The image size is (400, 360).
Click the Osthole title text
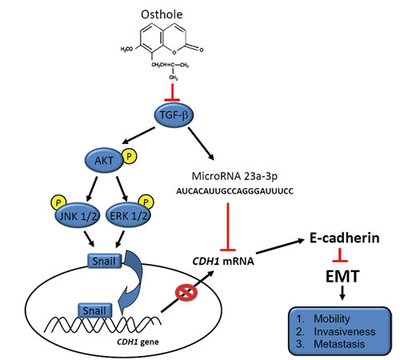[162, 14]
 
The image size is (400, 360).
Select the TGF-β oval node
[174, 115]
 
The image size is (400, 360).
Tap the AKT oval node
[104, 160]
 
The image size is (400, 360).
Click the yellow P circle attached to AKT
[130, 157]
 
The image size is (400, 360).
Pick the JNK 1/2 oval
[78, 215]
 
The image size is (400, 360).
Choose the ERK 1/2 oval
[129, 215]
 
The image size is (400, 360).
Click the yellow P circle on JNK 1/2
[58, 202]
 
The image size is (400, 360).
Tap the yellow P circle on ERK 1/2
[146, 202]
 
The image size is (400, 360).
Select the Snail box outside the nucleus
[104, 261]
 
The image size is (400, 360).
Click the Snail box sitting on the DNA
[94, 310]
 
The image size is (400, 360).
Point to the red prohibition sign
[186, 293]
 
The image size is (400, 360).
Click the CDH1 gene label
[138, 342]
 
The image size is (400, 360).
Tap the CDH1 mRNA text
[223, 261]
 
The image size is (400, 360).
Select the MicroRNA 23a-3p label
[234, 176]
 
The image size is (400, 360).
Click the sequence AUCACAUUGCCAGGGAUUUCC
[234, 191]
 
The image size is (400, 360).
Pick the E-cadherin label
[345, 238]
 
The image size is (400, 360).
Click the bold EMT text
[342, 276]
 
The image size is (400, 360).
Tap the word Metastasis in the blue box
[339, 344]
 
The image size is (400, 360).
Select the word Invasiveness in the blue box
[345, 331]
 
